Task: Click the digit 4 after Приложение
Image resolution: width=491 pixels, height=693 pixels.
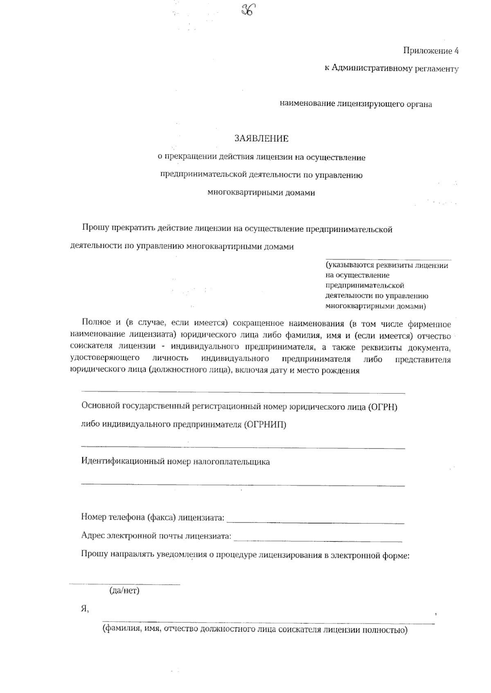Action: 456,51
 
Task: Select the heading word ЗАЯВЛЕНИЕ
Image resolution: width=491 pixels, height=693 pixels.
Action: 261,139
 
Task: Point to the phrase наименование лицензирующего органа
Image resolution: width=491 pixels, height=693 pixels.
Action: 356,104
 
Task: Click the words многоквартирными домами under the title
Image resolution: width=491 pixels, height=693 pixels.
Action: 261,193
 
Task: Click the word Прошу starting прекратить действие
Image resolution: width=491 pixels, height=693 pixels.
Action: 96,229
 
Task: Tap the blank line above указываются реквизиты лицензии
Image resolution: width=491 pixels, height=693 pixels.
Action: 388,259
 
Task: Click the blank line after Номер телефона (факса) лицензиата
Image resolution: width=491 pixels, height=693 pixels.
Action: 315,523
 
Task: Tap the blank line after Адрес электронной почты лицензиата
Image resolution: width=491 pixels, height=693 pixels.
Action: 318,541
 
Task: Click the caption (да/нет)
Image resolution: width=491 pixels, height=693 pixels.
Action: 124,591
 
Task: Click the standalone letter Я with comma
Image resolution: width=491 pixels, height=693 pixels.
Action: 85,609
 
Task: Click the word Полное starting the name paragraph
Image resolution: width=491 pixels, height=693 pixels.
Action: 96,324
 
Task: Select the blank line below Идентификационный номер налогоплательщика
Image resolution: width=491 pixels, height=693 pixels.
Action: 243,485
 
